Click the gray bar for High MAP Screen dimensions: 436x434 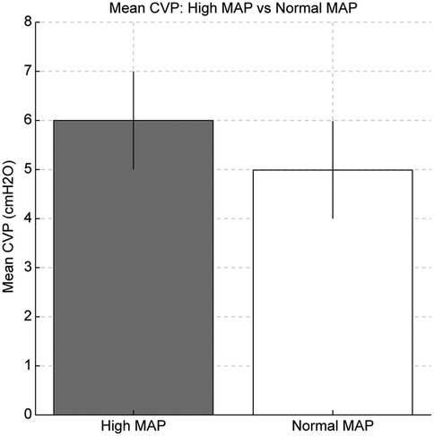coord(134,286)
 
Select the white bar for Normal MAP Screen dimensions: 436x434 coord(333,304)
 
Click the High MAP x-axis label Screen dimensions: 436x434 coord(134,424)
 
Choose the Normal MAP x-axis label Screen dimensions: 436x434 coord(333,424)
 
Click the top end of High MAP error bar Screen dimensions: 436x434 coord(134,72)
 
